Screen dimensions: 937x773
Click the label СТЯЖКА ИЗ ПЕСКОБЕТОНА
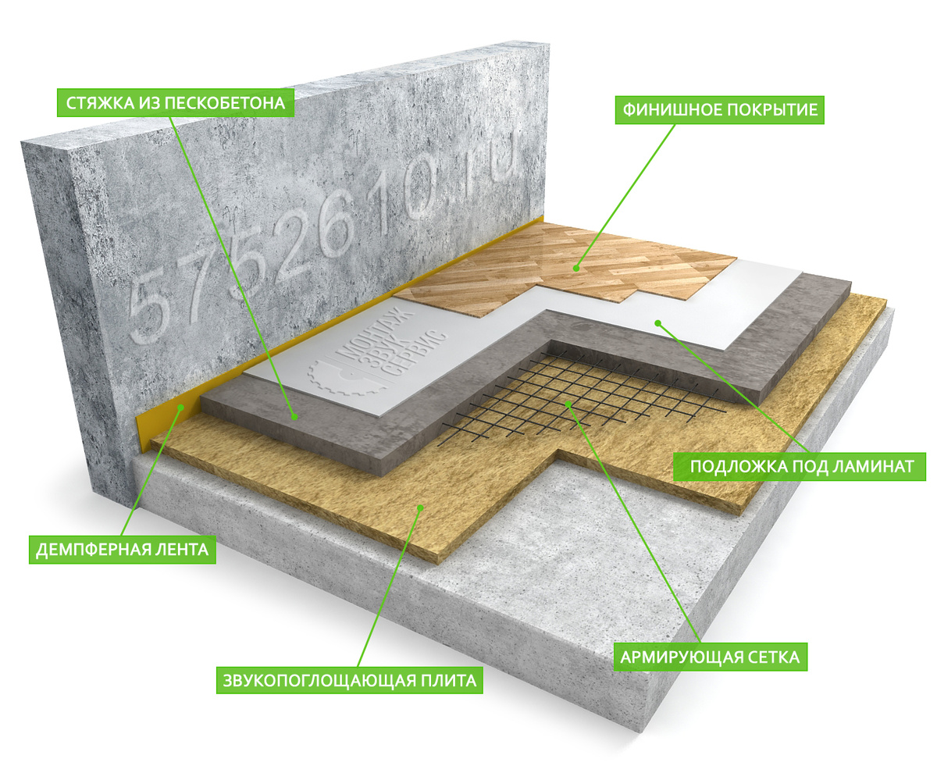[176, 103]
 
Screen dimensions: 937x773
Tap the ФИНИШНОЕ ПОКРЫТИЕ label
[719, 110]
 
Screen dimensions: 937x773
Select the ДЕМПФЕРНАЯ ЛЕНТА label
[122, 550]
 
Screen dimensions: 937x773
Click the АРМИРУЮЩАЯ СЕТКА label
[710, 657]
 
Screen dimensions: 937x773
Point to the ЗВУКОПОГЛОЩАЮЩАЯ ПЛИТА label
[350, 681]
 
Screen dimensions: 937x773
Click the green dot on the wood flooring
[575, 269]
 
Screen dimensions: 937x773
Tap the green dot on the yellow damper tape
[181, 407]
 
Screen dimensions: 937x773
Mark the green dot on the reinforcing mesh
[568, 404]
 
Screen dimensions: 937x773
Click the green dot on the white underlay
[658, 322]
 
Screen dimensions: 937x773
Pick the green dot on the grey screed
[294, 417]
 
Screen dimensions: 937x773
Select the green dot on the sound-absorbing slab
[420, 508]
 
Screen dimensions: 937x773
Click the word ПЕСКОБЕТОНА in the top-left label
[225, 103]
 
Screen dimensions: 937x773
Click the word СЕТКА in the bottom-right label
[774, 657]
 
